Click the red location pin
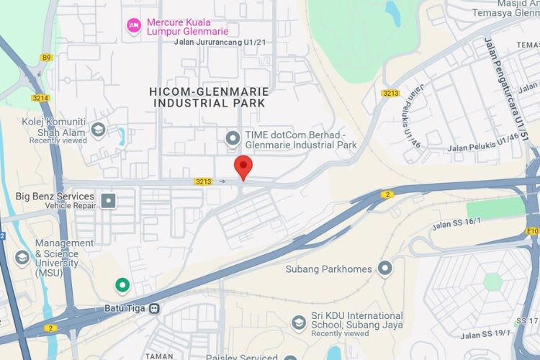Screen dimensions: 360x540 click(244, 166)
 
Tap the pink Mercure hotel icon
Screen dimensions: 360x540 click(133, 26)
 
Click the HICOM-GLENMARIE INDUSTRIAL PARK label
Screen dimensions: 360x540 click(209, 97)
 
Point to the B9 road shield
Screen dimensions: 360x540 click(47, 57)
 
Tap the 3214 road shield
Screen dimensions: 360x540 click(40, 97)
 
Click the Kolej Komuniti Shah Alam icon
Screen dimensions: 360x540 click(99, 130)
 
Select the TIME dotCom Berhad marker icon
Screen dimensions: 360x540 click(233, 137)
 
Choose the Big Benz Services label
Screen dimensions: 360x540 click(55, 197)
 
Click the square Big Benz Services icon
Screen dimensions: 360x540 click(108, 199)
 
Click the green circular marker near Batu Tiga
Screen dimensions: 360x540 click(122, 286)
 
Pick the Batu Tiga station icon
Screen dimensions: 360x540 click(154, 308)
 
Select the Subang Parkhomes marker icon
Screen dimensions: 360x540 click(386, 269)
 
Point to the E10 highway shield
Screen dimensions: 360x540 click(533, 231)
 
